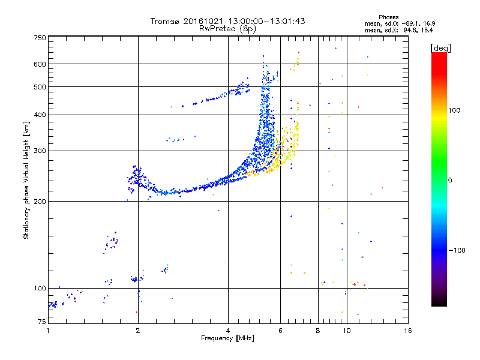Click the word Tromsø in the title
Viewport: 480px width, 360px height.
164,21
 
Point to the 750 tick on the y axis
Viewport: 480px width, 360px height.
40,38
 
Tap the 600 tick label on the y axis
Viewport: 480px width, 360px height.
40,64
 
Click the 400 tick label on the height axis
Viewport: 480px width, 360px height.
40,115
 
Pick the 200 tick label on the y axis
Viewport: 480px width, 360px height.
40,201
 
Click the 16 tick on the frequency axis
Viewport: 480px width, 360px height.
407,331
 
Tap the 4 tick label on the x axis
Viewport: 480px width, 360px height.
228,331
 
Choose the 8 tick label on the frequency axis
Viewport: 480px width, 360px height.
318,331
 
